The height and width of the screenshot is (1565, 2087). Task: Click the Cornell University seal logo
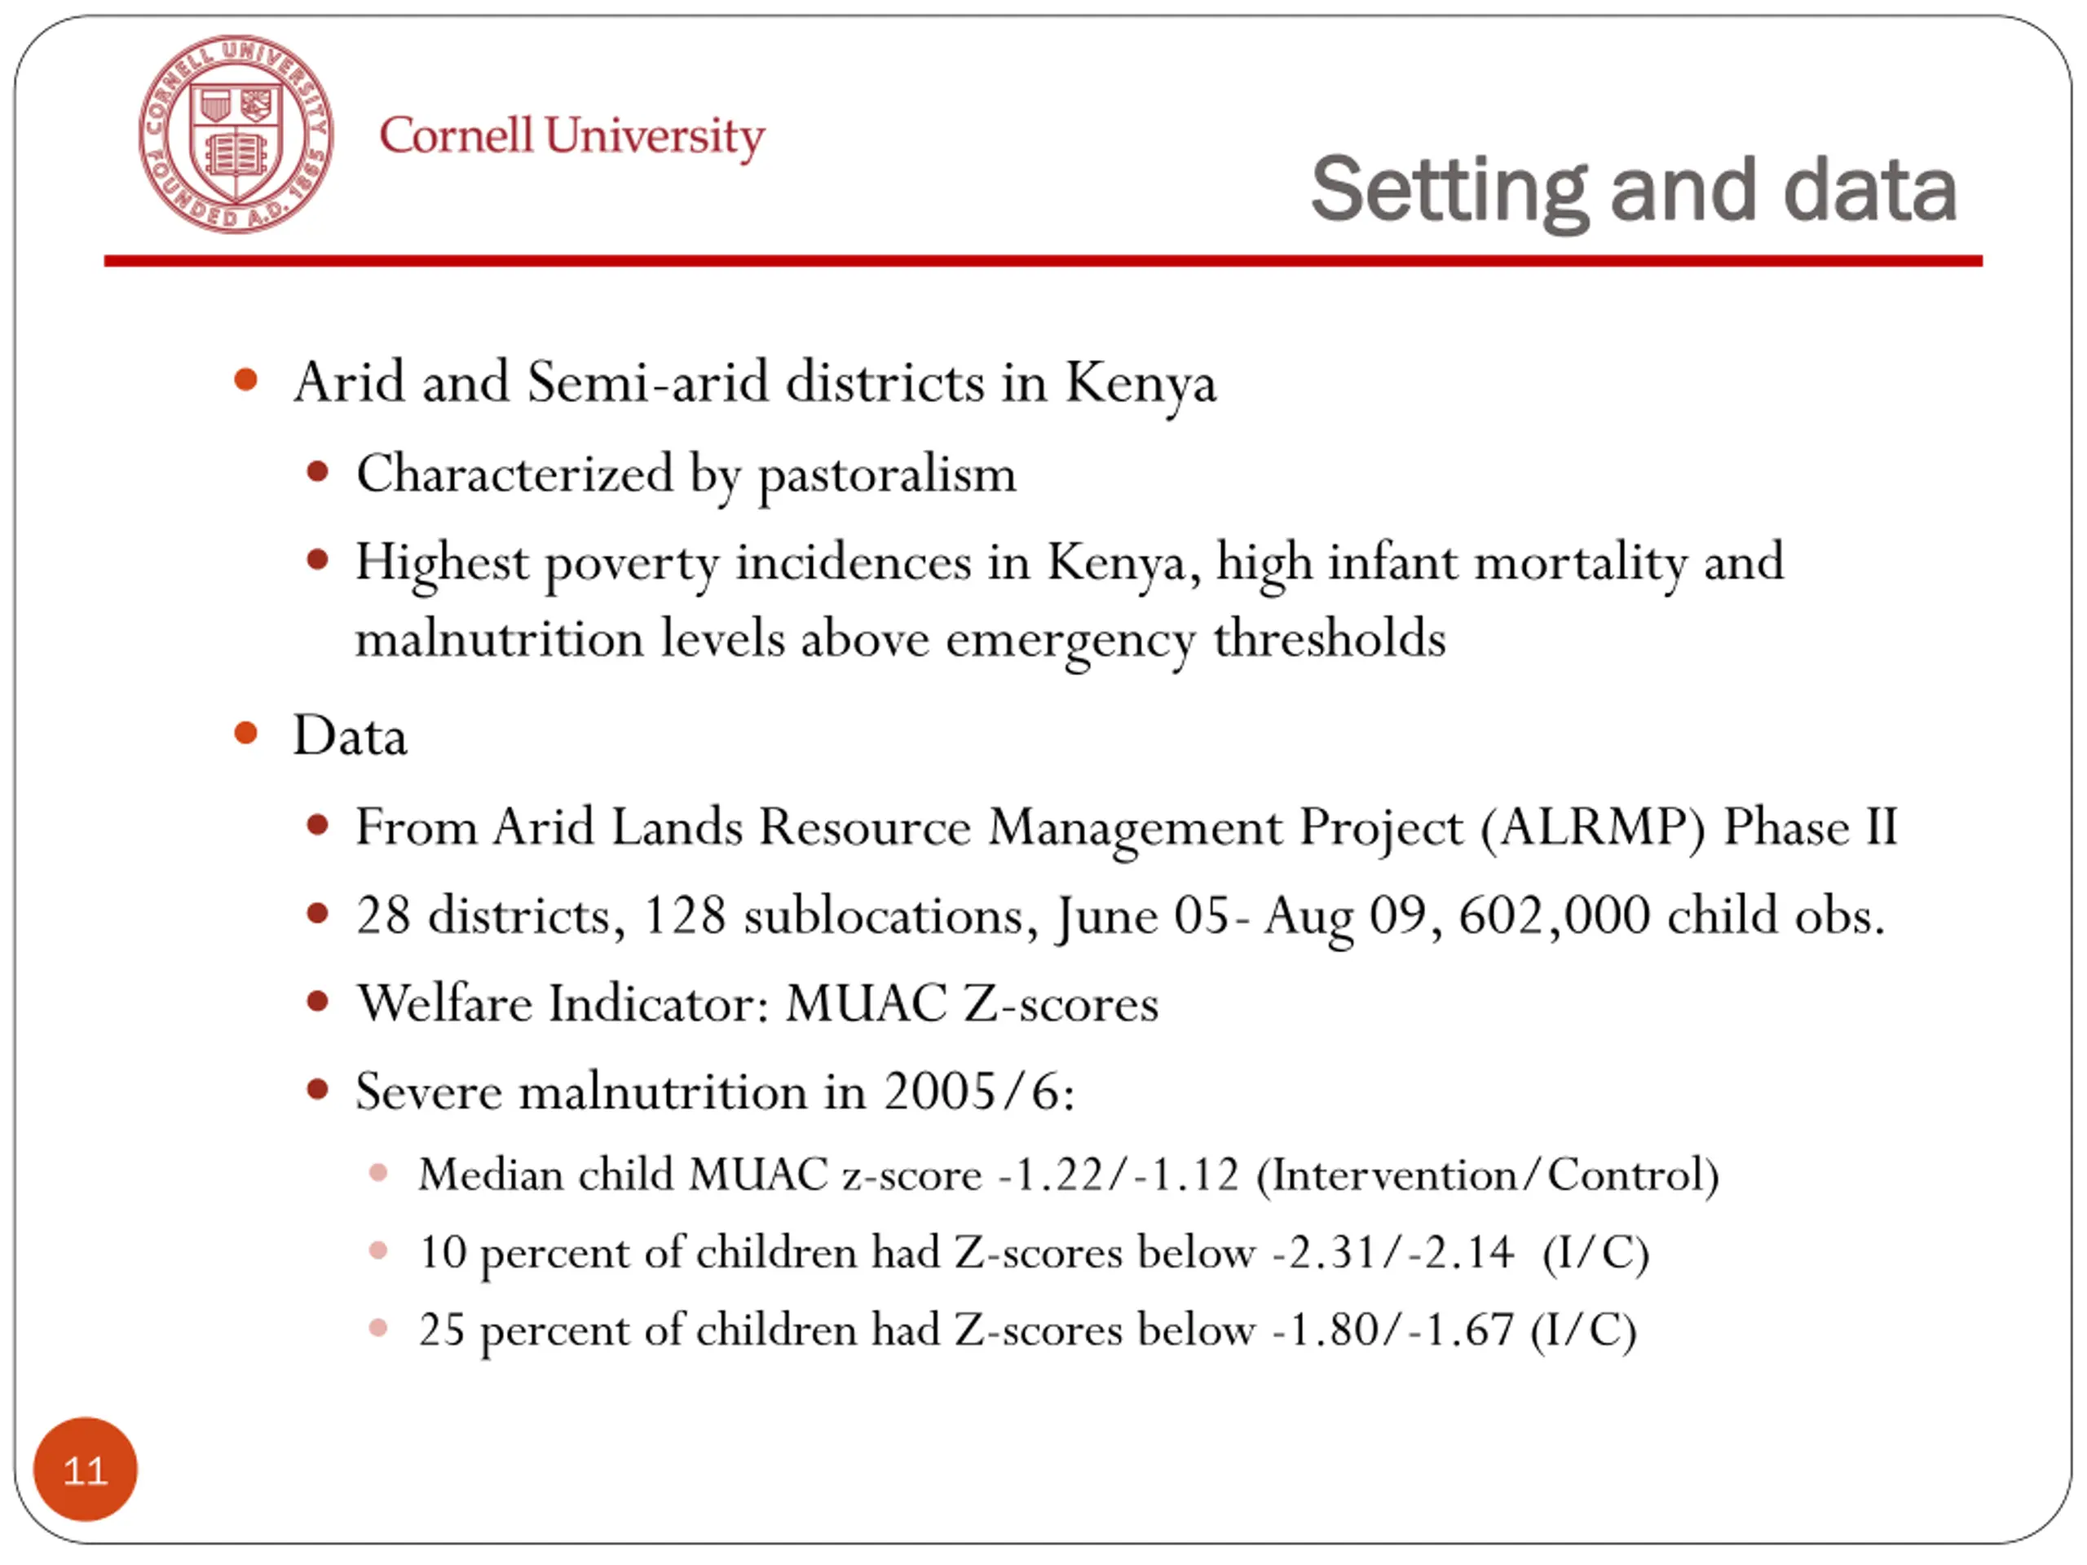[x=236, y=134]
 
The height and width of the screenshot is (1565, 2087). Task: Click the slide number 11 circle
[x=85, y=1469]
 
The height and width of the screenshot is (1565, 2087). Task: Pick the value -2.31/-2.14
[x=1392, y=1253]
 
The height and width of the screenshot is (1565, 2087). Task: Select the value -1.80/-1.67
[x=1392, y=1330]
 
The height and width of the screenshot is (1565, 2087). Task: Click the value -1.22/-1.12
[x=1118, y=1175]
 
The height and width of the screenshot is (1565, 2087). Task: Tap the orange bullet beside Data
[x=245, y=733]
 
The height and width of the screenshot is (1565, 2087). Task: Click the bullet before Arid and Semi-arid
[x=245, y=380]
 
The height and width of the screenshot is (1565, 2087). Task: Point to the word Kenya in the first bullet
[x=1140, y=383]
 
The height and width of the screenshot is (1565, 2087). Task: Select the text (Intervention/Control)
[x=1487, y=1175]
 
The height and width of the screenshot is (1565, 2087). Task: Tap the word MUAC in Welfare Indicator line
[x=865, y=1003]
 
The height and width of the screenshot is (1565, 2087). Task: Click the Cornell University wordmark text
[x=571, y=137]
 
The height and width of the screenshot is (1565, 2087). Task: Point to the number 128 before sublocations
[x=684, y=916]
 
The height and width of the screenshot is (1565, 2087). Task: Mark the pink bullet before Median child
[x=378, y=1174]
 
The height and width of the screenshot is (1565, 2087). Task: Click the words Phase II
[x=1810, y=828]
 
